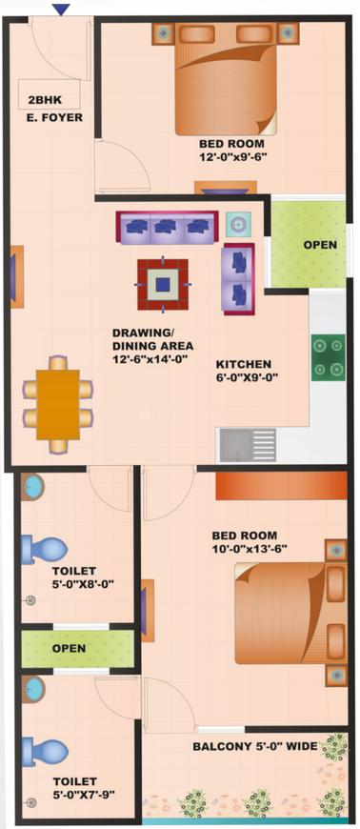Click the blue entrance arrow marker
point(62,10)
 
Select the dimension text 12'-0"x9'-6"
point(231,156)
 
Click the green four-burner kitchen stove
point(328,357)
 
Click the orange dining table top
point(58,404)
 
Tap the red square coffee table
point(163,285)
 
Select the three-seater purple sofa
point(167,228)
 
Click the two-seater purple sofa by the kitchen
point(239,278)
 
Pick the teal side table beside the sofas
point(238,225)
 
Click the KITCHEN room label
point(244,365)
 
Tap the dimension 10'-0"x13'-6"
point(249,548)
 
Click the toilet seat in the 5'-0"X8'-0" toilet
point(45,549)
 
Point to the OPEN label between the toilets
point(69,648)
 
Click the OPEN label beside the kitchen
point(320,245)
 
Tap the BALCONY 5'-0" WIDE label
point(255,747)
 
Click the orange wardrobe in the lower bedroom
point(281,486)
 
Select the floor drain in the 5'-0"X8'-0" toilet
point(31,600)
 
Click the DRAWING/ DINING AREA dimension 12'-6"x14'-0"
point(151,359)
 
